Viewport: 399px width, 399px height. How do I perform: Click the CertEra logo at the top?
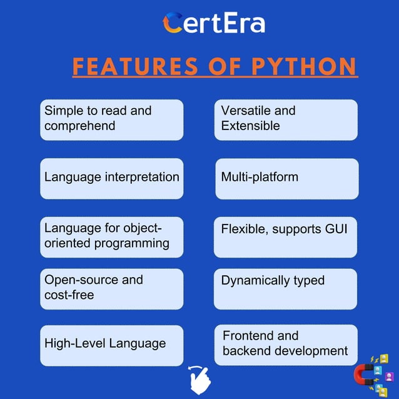(x=213, y=23)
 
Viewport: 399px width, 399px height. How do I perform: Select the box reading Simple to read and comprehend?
(x=112, y=119)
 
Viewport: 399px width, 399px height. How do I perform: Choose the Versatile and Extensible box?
(x=286, y=119)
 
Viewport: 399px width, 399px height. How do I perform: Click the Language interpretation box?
(x=112, y=178)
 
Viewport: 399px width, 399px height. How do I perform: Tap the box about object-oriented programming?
(x=112, y=236)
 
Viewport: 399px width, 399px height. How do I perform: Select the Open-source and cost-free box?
(x=112, y=288)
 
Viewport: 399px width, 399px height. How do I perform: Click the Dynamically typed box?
(x=286, y=288)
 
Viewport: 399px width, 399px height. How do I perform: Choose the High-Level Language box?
(x=112, y=345)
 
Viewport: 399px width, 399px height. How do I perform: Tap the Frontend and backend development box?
(x=286, y=345)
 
